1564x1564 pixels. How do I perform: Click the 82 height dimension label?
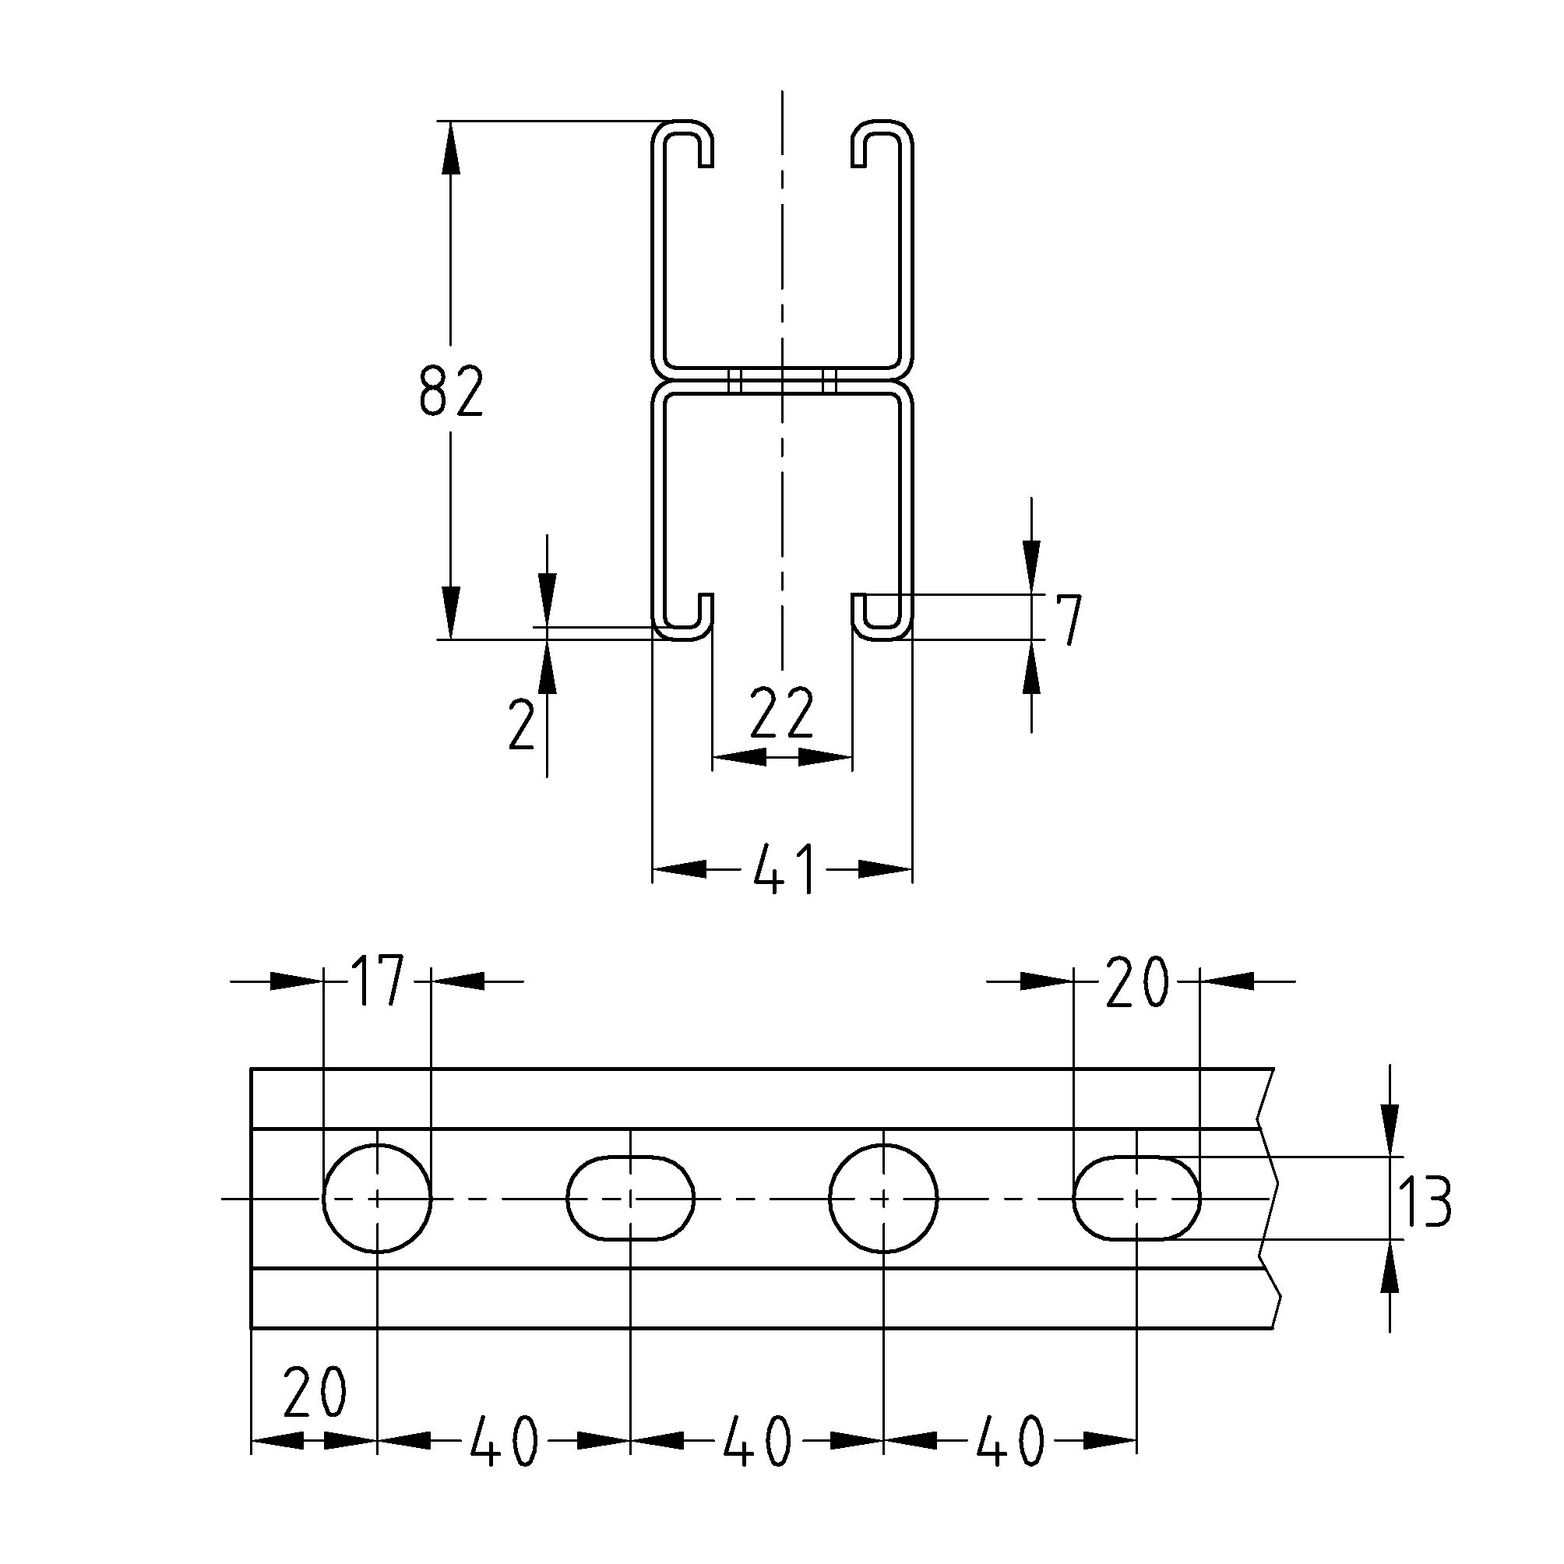451,391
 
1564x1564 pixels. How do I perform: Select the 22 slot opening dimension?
781,713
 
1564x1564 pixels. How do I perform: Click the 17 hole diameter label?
376,981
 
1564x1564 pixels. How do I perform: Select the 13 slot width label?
1425,1203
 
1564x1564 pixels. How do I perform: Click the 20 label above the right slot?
1136,982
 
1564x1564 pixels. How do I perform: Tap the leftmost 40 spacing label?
503,1441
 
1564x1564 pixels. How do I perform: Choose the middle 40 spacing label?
756,1441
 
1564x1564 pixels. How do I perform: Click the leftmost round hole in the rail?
377,1198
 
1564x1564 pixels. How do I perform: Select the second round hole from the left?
883,1198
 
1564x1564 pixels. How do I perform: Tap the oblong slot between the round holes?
630,1198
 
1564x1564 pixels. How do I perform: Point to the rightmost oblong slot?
1136,1198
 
